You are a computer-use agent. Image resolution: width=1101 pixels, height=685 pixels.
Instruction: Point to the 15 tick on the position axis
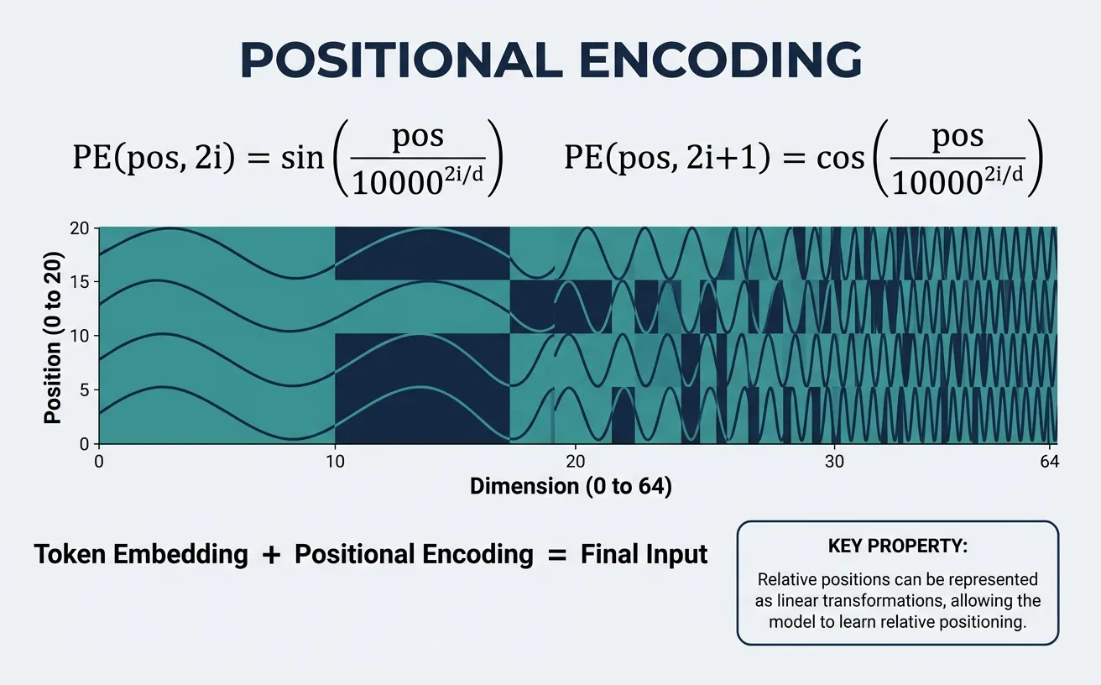point(83,281)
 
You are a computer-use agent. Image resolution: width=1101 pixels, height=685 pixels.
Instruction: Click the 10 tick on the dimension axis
point(335,461)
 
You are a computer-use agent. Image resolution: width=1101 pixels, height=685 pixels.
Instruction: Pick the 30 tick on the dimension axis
point(832,461)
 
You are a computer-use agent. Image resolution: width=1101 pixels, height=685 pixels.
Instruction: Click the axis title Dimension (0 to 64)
point(571,486)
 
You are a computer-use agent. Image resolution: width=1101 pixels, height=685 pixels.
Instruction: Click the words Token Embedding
point(141,555)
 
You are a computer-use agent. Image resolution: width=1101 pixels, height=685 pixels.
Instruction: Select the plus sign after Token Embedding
point(271,556)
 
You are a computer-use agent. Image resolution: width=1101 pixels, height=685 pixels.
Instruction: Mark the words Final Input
point(644,555)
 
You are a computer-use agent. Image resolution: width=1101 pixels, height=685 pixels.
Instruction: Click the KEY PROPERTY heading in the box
point(897,546)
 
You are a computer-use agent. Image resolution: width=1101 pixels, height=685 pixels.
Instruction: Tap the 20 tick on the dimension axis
point(575,461)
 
